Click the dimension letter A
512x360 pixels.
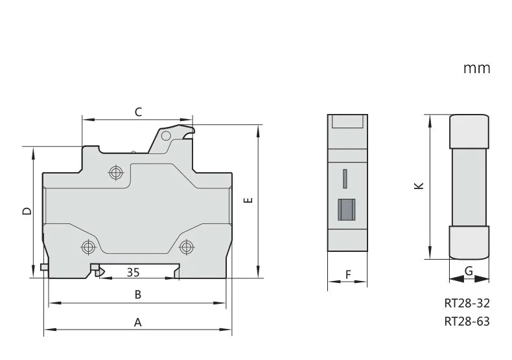tap(138, 322)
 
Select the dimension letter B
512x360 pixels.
tap(138, 295)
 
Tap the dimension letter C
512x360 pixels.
tap(139, 112)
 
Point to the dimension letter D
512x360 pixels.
tap(27, 211)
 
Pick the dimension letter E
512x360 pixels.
tap(248, 200)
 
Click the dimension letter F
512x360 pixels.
tap(348, 275)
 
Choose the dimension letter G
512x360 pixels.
tap(469, 271)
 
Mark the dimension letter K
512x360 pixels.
tap(419, 186)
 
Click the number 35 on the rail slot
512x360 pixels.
tap(134, 273)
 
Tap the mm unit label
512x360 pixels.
tap(477, 69)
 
